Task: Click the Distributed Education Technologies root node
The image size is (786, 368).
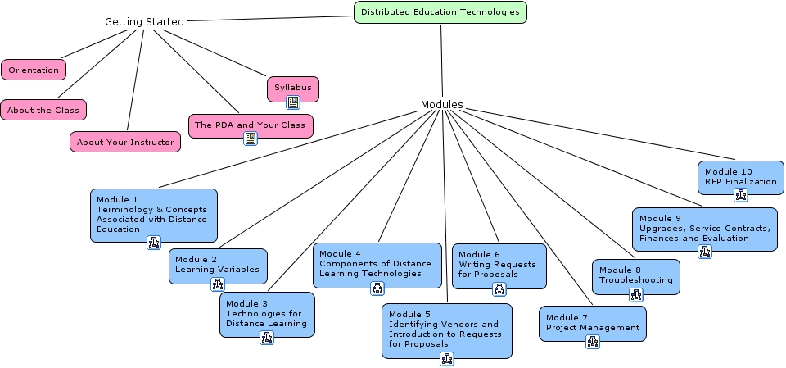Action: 440,12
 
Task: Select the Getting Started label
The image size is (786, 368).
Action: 144,21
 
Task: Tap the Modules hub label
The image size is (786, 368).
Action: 441,104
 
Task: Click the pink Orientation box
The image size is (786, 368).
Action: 34,70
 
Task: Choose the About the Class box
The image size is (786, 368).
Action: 43,110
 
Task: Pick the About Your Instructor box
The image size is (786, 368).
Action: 125,142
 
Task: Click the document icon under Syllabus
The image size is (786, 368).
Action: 293,102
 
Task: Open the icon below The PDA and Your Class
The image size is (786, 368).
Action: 251,138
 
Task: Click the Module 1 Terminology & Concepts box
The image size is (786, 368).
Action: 153,214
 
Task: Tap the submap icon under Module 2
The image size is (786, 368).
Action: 218,284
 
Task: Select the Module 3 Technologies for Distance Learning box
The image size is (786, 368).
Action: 267,313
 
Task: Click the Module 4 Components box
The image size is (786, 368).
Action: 377,263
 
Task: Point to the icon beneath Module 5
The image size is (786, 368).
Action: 446,358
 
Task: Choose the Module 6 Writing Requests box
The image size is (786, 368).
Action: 499,264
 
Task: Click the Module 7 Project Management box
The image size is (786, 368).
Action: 592,323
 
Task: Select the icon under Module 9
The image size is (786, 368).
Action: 705,251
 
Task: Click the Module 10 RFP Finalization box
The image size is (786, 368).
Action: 740,176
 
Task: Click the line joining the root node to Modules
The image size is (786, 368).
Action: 441,61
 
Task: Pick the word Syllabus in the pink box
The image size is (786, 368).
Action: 292,87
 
